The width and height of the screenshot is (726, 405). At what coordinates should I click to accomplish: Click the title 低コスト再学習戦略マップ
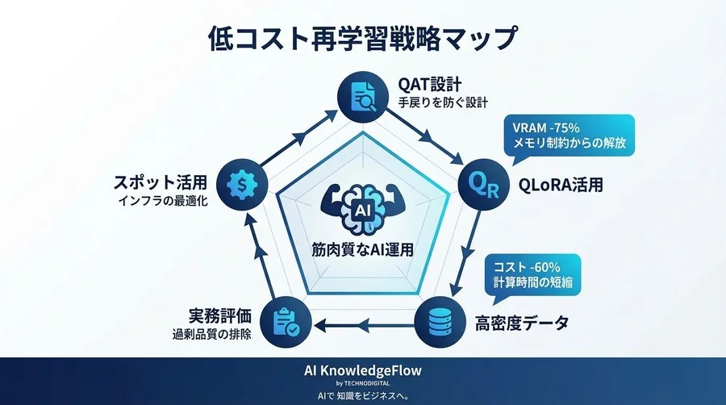[362, 38]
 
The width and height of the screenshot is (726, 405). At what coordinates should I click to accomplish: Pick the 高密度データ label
[521, 324]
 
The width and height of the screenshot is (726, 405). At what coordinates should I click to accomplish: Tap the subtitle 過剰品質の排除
[210, 334]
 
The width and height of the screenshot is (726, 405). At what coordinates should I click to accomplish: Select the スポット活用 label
[162, 182]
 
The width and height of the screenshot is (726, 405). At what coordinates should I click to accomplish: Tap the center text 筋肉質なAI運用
[362, 250]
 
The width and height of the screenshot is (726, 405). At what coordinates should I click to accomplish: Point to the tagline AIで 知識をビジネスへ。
[362, 395]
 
